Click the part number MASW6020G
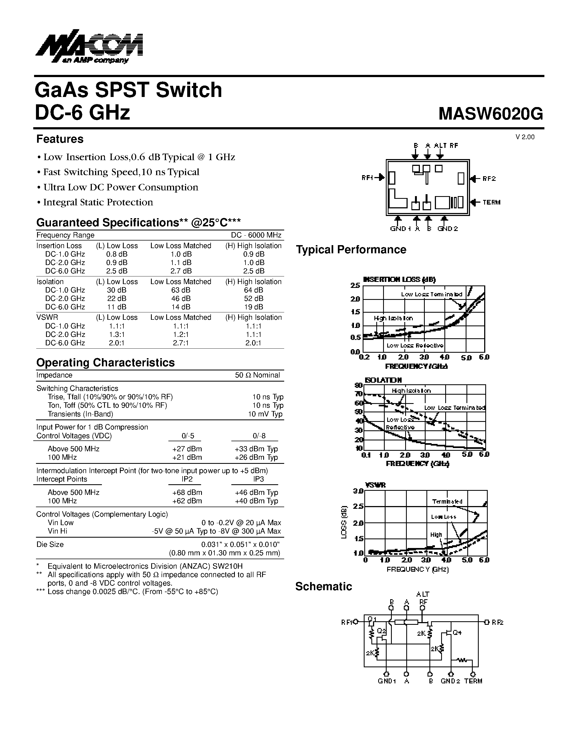(x=490, y=114)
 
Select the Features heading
(x=60, y=139)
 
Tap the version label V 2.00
(x=525, y=137)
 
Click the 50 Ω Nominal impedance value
(x=257, y=375)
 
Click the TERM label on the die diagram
(x=491, y=202)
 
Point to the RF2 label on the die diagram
(x=489, y=179)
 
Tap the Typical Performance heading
(x=351, y=250)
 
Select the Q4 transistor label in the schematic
(x=457, y=632)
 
